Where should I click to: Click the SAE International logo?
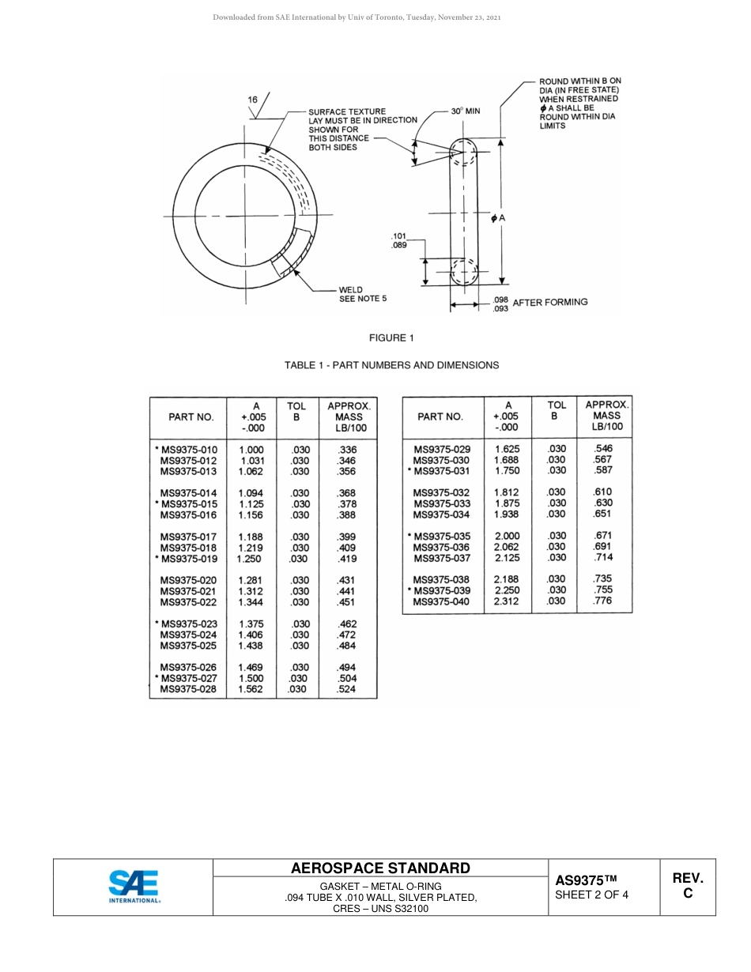pyautogui.click(x=134, y=887)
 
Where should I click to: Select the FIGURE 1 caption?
pyautogui.click(x=391, y=338)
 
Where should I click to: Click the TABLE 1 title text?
pyautogui.click(x=391, y=365)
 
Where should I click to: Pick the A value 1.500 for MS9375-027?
pyautogui.click(x=251, y=678)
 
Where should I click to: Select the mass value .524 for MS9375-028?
pyautogui.click(x=347, y=689)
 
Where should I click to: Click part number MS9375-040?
pyautogui.click(x=441, y=601)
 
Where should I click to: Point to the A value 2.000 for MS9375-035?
pyautogui.click(x=507, y=536)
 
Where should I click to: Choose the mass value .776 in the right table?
pyautogui.click(x=602, y=601)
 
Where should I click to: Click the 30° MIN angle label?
pyautogui.click(x=465, y=111)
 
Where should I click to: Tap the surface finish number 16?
pyautogui.click(x=252, y=100)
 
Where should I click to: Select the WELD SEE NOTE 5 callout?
pyautogui.click(x=362, y=294)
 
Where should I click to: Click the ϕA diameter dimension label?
pyautogui.click(x=497, y=217)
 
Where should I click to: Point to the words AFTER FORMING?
pyautogui.click(x=549, y=302)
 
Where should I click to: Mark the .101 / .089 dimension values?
pyautogui.click(x=399, y=241)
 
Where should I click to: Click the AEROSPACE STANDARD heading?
pyautogui.click(x=380, y=868)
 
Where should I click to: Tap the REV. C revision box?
pyautogui.click(x=687, y=886)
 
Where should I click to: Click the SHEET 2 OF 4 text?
pyautogui.click(x=591, y=895)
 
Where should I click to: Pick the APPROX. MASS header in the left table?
pyautogui.click(x=348, y=416)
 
